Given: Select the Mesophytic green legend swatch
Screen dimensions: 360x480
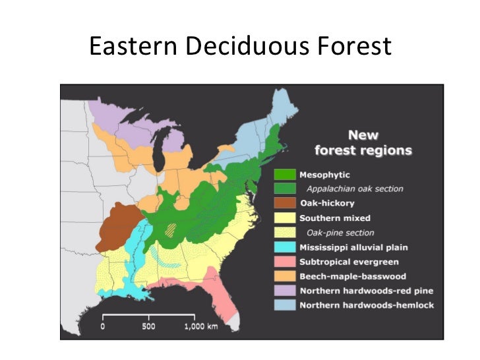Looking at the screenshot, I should (x=285, y=175).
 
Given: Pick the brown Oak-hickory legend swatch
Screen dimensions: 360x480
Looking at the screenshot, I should (x=285, y=203).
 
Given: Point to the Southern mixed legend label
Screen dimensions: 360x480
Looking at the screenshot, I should (x=335, y=218).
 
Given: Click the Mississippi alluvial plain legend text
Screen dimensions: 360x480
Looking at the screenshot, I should (x=353, y=247).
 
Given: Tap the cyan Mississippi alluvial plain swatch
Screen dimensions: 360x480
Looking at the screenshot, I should (x=285, y=247).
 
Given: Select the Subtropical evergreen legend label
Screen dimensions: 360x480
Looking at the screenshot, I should (x=349, y=262).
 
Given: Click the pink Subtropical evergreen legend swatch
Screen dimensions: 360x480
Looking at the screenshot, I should (x=285, y=262).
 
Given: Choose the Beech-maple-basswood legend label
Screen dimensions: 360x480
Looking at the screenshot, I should (x=353, y=276).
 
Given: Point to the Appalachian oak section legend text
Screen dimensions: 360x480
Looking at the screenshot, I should (x=354, y=189).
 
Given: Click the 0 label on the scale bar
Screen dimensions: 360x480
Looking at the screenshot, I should (x=103, y=326).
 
